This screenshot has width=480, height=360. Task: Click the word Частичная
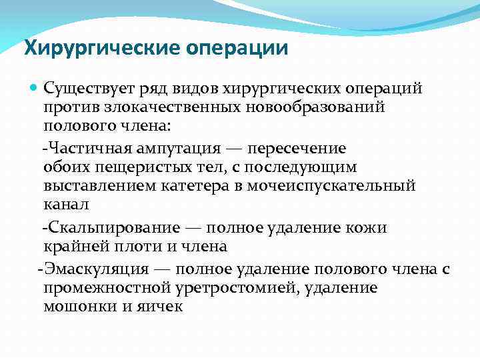[x=81, y=149]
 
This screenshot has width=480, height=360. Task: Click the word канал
[x=66, y=203]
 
